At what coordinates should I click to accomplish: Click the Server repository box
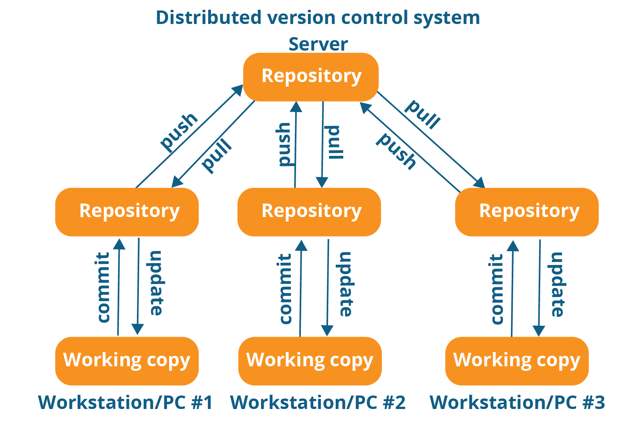[x=311, y=77]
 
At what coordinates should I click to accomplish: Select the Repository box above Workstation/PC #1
[x=127, y=212]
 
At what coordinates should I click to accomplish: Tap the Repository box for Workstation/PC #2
[x=309, y=212]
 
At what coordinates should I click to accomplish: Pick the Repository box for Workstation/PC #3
[x=527, y=212]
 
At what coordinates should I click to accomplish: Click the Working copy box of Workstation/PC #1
[x=127, y=361]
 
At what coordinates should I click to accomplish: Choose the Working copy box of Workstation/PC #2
[x=310, y=361]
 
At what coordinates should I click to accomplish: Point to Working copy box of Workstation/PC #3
[x=517, y=361]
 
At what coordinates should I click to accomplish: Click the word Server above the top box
[x=318, y=44]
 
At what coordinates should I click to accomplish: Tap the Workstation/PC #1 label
[x=125, y=403]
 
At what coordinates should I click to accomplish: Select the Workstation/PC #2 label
[x=317, y=403]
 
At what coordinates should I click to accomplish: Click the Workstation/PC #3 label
[x=517, y=403]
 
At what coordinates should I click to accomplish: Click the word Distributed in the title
[x=209, y=18]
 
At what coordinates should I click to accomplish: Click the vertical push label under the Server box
[x=284, y=144]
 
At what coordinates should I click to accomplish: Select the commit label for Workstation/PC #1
[x=103, y=287]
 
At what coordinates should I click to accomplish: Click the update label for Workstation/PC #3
[x=557, y=285]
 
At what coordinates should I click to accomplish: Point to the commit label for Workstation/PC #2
[x=286, y=289]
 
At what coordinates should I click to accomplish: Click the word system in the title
[x=446, y=18]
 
